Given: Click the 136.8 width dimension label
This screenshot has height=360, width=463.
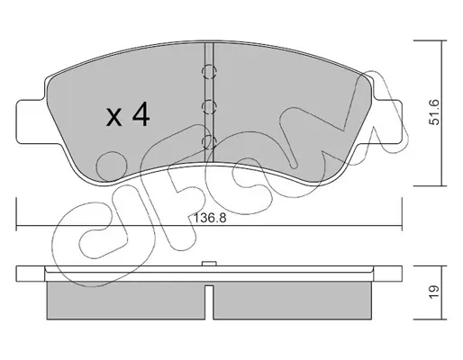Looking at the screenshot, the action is (210, 218).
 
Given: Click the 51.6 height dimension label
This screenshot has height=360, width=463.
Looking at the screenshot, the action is (434, 112).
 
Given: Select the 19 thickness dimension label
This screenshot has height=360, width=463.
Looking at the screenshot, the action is (434, 292).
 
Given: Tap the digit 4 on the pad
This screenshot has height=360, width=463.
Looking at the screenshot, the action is (141, 114).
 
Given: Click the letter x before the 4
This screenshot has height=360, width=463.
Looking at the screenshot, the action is (114, 117).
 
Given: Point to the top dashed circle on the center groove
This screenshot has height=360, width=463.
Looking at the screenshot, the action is (209, 72).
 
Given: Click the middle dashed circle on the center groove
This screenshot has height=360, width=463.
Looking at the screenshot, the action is (209, 107).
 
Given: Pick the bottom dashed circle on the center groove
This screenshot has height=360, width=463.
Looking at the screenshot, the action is (209, 141).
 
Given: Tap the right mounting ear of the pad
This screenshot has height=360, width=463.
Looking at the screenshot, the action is (387, 121).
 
